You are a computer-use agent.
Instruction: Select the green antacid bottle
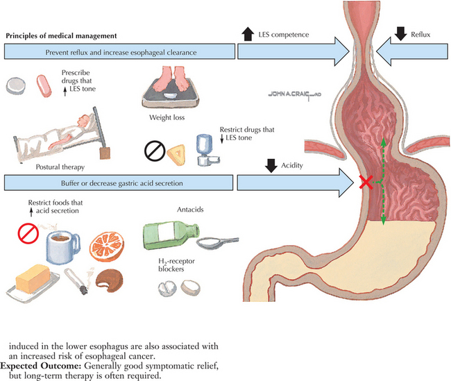[x=166, y=235]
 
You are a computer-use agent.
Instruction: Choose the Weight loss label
[x=165, y=118]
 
